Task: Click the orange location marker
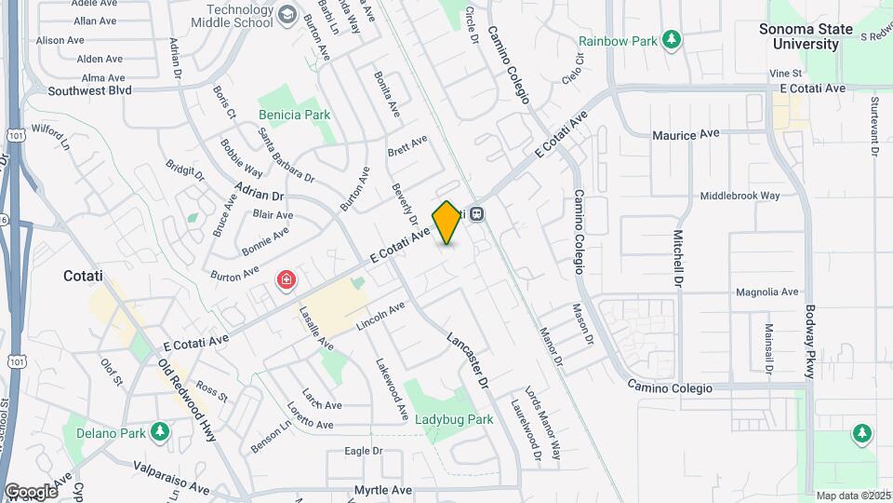click(x=447, y=223)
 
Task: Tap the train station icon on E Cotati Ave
click(x=477, y=213)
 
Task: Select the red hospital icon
click(x=287, y=279)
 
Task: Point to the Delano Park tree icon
click(x=160, y=432)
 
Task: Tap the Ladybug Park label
click(x=454, y=419)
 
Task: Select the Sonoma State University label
click(x=806, y=36)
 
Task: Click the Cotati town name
click(x=88, y=276)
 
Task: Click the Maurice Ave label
click(x=686, y=135)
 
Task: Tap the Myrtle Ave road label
click(x=382, y=489)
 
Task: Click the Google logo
click(x=31, y=491)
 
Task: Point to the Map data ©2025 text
click(x=851, y=496)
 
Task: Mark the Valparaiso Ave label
click(x=171, y=475)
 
